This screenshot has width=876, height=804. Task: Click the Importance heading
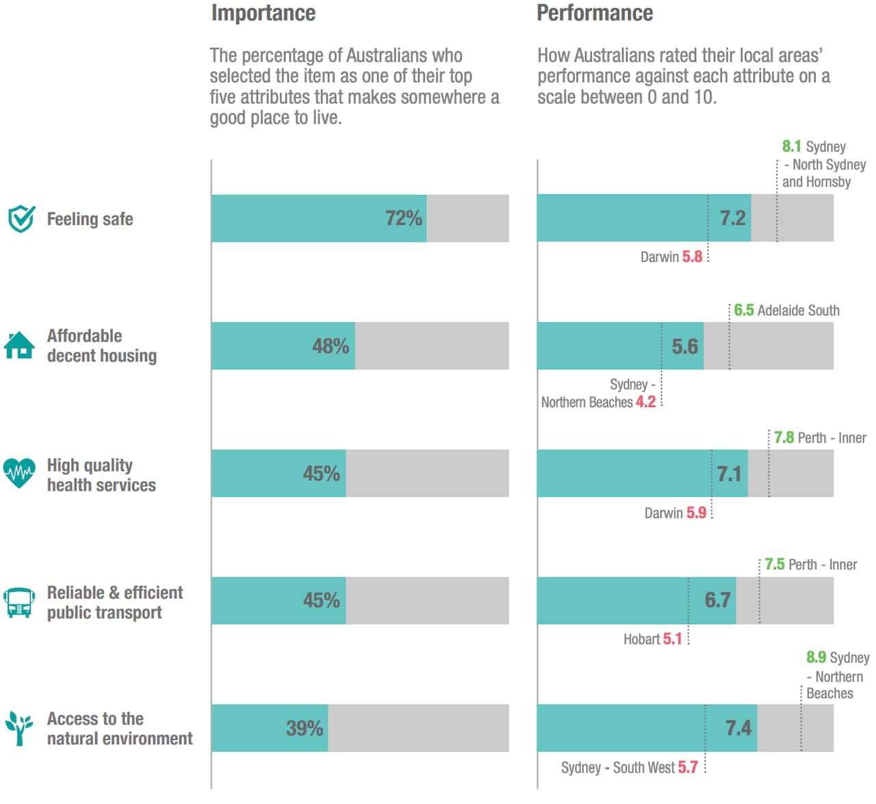click(263, 13)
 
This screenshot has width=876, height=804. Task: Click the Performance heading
click(594, 13)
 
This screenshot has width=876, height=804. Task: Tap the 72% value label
click(403, 218)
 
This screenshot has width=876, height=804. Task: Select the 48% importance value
click(331, 346)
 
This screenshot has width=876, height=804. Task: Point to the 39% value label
click(305, 728)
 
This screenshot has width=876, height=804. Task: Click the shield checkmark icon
click(21, 219)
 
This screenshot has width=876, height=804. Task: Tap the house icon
click(19, 345)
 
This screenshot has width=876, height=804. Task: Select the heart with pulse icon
click(19, 473)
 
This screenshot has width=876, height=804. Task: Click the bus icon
click(19, 602)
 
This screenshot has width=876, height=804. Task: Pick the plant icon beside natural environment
click(19, 728)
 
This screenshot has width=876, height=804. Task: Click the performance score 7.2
click(732, 218)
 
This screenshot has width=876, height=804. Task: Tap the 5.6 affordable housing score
click(684, 346)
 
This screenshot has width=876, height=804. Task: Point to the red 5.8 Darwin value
click(692, 257)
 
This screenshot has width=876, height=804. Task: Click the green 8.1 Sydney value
click(791, 146)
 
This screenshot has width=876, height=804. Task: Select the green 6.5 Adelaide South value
click(743, 311)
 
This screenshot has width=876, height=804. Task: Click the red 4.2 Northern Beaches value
click(645, 402)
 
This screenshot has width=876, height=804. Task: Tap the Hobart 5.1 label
click(652, 639)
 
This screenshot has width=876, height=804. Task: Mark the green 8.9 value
click(816, 658)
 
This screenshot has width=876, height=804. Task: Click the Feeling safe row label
click(90, 219)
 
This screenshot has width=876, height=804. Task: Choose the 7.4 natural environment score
click(738, 728)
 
